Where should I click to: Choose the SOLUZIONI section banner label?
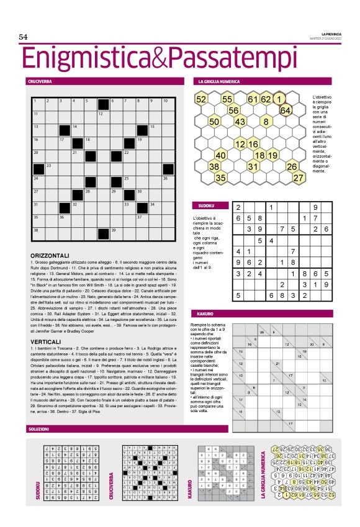[40, 430]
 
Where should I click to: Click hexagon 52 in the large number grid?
[201, 99]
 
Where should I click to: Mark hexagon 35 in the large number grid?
[220, 178]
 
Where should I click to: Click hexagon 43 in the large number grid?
[240, 122]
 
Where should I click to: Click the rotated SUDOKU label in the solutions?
[38, 491]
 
